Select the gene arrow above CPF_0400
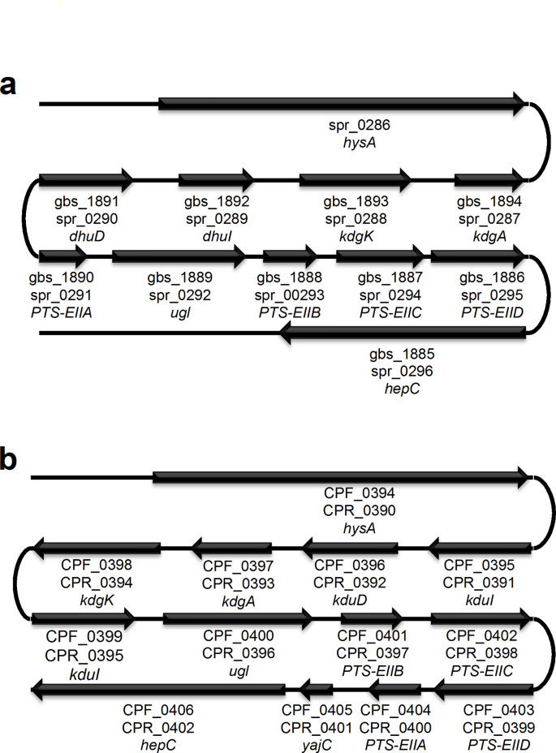(238, 619)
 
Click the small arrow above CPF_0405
(317, 691)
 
